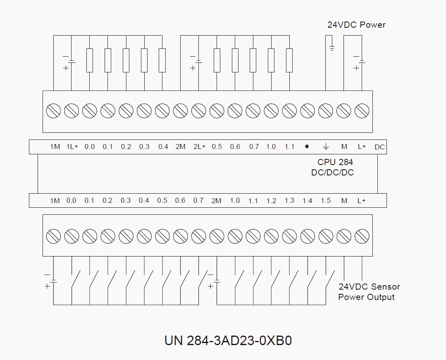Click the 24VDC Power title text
point(356,25)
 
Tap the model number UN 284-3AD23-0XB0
point(228,341)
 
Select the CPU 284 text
point(335,162)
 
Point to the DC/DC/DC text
point(332,173)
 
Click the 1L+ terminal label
point(72,146)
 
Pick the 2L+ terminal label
point(199,146)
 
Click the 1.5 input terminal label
point(325,200)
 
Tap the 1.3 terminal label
point(289,200)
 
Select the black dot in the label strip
point(307,146)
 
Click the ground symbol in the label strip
point(326,146)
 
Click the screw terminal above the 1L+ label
point(72,111)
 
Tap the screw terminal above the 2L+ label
point(198,111)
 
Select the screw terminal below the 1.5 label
point(326,237)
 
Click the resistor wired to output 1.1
point(289,60)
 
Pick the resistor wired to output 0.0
point(90,60)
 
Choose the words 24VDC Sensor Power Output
point(369,292)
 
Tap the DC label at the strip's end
point(379,147)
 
